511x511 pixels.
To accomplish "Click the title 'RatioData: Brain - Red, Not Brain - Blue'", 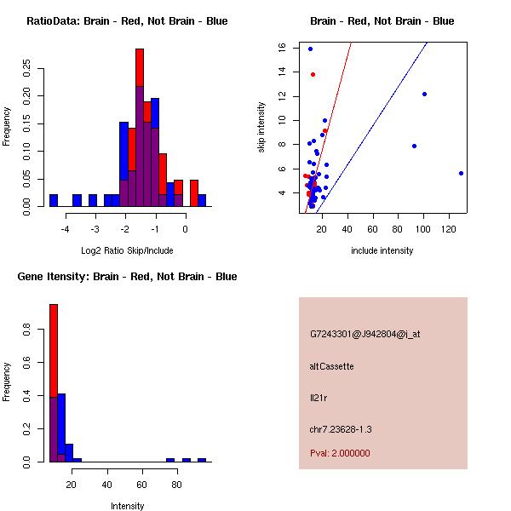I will pyautogui.click(x=127, y=21).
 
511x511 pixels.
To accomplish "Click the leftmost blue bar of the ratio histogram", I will pyautogui.click(x=54, y=200).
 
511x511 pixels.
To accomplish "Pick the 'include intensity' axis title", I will pyautogui.click(x=382, y=250).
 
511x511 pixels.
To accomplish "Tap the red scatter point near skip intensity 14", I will pyautogui.click(x=313, y=75).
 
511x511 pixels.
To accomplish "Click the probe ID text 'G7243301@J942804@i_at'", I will pyautogui.click(x=365, y=334).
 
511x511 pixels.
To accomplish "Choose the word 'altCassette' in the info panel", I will pyautogui.click(x=332, y=366).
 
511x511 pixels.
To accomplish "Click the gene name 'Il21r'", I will pyautogui.click(x=318, y=398).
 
